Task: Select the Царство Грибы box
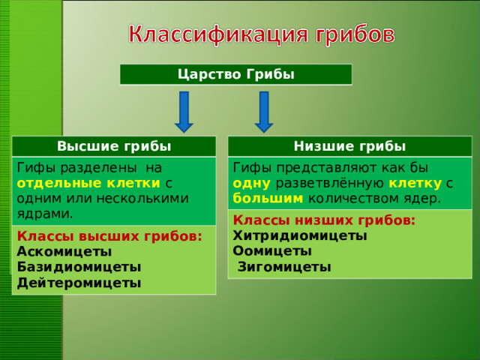point(235,74)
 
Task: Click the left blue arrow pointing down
point(184,111)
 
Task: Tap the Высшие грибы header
point(114,145)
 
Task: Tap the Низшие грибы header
point(349,145)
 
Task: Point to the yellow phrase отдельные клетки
point(88,182)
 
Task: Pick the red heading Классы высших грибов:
point(109,235)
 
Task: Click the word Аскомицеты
point(64,251)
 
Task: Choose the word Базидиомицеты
point(78,267)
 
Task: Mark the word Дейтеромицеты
point(78,283)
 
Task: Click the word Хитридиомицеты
point(300,235)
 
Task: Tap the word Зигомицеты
point(284,267)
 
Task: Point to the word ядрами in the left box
point(43,214)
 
